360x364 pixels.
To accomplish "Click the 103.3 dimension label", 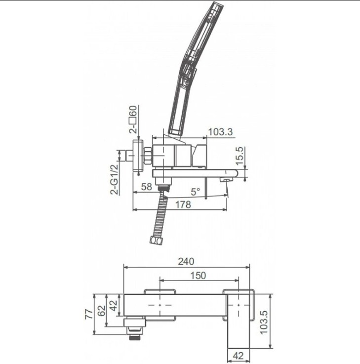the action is tap(220, 132).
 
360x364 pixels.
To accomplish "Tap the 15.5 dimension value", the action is tap(240, 156).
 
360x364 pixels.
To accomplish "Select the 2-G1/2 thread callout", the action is tap(115, 179).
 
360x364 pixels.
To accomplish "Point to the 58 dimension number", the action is tap(147, 187).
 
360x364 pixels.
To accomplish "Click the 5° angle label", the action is tap(196, 192).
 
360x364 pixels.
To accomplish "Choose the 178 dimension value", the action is tap(183, 204).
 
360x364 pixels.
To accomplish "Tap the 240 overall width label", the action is tap(186, 261).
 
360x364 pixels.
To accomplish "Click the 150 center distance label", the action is tap(198, 276).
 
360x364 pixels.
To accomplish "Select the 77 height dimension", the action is tap(89, 314).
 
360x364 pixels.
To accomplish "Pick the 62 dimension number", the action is tap(101, 311).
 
